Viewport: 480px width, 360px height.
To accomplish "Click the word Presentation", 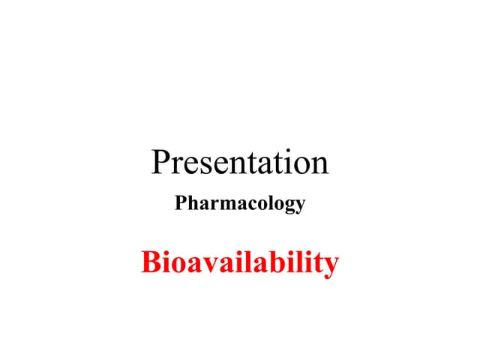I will pos(240,162).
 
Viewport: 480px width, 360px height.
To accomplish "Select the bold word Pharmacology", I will pos(240,203).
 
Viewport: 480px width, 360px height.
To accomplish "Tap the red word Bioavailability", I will pos(240,263).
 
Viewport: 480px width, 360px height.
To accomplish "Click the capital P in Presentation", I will pos(160,162).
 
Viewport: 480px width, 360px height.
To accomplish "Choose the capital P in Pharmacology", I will pos(181,202).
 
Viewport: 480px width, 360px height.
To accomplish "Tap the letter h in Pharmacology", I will pos(192,202).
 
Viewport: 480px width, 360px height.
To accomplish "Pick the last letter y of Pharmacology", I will pos(299,206).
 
